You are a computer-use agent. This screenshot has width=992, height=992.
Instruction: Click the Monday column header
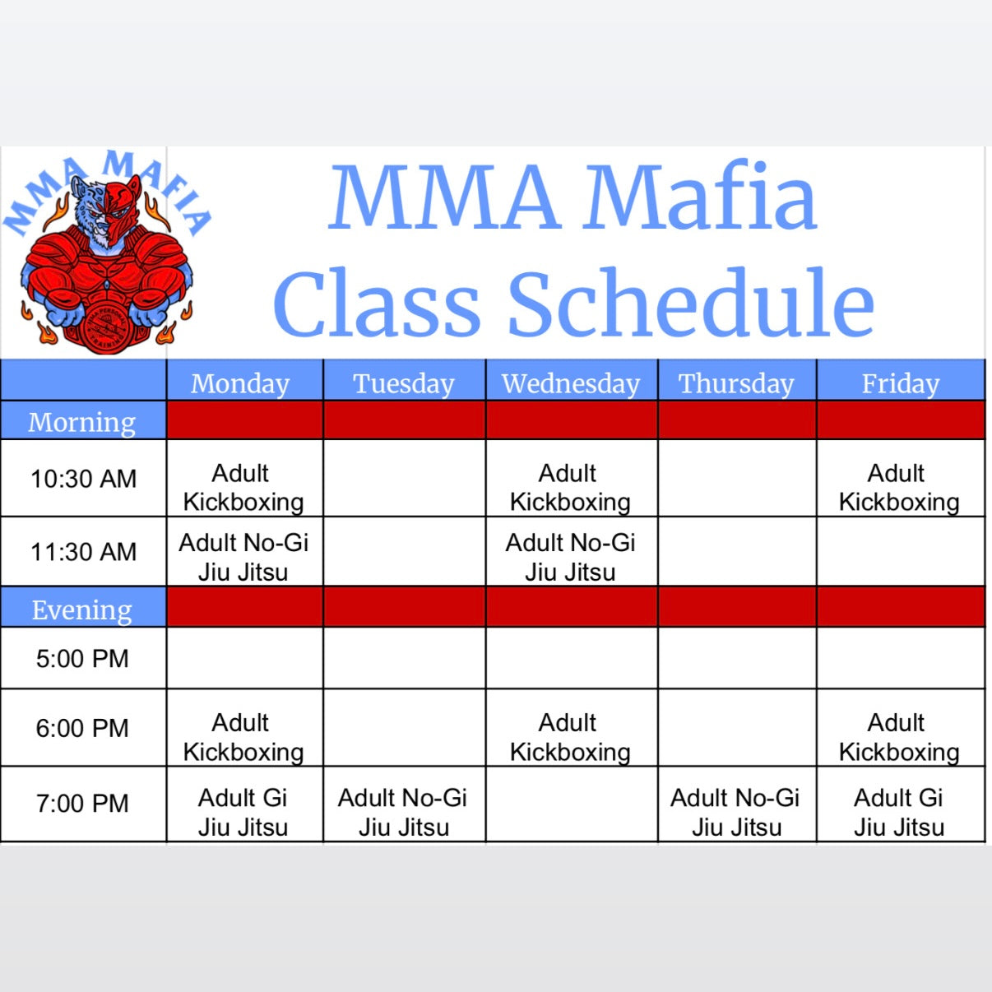click(x=240, y=383)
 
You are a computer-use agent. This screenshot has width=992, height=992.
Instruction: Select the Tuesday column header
click(x=404, y=383)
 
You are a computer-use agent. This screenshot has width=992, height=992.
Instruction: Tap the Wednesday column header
click(x=571, y=383)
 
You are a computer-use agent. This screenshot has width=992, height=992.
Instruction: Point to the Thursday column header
click(x=736, y=383)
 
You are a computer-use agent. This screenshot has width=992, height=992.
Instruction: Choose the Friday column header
click(x=901, y=383)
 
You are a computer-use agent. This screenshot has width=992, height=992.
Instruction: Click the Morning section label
click(x=82, y=422)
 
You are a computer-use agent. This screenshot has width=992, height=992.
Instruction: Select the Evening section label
click(x=82, y=610)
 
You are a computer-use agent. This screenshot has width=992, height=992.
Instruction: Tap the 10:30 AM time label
click(x=83, y=479)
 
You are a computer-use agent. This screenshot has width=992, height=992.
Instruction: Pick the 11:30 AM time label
click(x=83, y=552)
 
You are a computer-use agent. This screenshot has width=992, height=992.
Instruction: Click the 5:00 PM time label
click(x=82, y=659)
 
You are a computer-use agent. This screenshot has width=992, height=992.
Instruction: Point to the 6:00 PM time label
click(x=82, y=729)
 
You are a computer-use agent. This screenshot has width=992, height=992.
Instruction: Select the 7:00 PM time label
click(x=82, y=804)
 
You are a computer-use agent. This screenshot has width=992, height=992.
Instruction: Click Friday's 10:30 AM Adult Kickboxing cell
click(x=899, y=487)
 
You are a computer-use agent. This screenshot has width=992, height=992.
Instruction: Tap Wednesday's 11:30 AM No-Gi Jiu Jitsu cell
click(x=571, y=557)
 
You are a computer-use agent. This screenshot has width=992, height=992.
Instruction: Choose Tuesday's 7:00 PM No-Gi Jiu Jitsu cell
click(x=403, y=812)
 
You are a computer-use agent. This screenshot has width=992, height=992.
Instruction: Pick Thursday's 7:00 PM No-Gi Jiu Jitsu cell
click(x=735, y=812)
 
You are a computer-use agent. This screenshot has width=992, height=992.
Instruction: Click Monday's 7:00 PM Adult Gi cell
click(x=243, y=812)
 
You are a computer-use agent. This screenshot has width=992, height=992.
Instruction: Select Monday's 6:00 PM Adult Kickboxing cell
click(x=243, y=737)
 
